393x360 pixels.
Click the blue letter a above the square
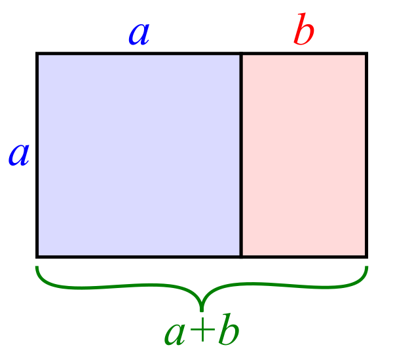coord(139,34)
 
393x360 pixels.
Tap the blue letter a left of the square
coord(19,154)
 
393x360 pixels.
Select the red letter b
coord(303,29)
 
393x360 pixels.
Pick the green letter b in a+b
coord(229,329)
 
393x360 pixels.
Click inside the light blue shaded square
coord(139,155)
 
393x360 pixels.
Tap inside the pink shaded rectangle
coord(304,155)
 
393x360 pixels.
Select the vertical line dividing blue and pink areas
coord(241,155)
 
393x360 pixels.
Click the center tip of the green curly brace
coord(202,311)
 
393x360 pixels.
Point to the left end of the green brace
coord(37,266)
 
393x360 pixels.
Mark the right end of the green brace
coord(367,266)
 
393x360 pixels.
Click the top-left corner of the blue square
coord(37,54)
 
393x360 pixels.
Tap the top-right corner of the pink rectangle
coord(367,54)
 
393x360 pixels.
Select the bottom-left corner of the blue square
coord(37,257)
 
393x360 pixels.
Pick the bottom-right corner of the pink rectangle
coord(367,257)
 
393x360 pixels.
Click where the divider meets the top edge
coord(241,54)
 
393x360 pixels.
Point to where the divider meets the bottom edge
coord(241,257)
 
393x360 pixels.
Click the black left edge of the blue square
coord(37,155)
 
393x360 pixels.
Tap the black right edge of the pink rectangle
coord(367,155)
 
